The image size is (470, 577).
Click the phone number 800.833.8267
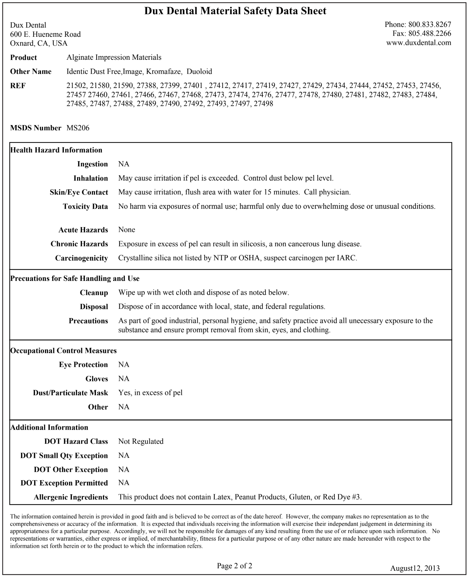coord(430,25)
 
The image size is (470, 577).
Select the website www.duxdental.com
coord(418,43)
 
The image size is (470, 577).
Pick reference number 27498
coord(263,104)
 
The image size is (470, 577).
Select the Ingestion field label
coord(93,164)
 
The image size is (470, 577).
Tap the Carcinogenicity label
coord(81,258)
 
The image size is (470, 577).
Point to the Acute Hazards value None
coord(127,230)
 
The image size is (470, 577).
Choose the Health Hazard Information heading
coord(56,150)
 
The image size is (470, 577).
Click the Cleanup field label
coord(94,293)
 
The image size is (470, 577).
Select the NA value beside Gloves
coord(124,379)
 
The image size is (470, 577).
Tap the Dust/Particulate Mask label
coord(71,393)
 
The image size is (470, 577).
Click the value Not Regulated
coord(141,441)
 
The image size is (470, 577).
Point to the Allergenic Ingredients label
coord(71,497)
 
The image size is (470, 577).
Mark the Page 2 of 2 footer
coord(235,557)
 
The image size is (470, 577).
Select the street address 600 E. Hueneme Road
coord(45,34)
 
